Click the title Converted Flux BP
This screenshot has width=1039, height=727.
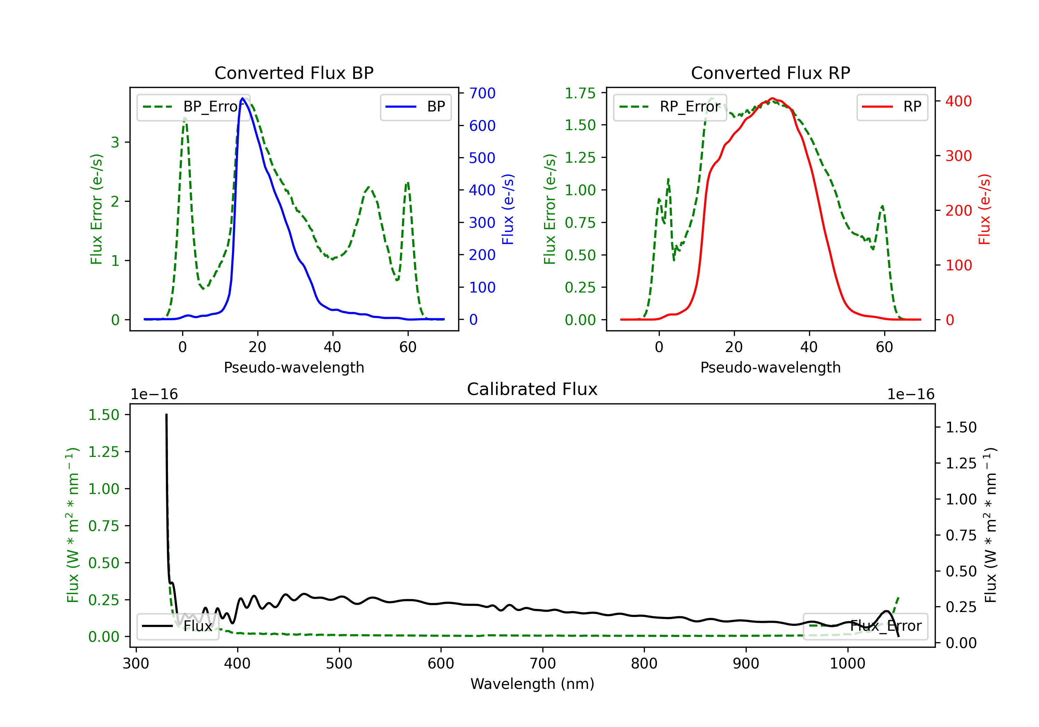tap(294, 73)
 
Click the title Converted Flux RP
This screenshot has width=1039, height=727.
tap(770, 73)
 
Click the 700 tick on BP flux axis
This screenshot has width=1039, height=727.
tap(482, 93)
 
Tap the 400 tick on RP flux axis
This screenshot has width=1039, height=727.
tap(958, 101)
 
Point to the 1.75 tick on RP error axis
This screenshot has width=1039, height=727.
tap(580, 93)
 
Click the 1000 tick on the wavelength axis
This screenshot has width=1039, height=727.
tap(847, 663)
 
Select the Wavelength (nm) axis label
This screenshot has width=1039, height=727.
tap(532, 684)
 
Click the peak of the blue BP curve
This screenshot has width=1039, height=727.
tap(242, 98)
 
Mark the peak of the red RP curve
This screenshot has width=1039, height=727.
tap(772, 98)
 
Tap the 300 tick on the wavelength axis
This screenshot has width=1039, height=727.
tap(136, 663)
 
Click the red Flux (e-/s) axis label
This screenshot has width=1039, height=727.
tap(984, 209)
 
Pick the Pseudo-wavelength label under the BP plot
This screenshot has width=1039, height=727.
tap(294, 367)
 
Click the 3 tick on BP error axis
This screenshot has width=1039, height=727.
tap(115, 142)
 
